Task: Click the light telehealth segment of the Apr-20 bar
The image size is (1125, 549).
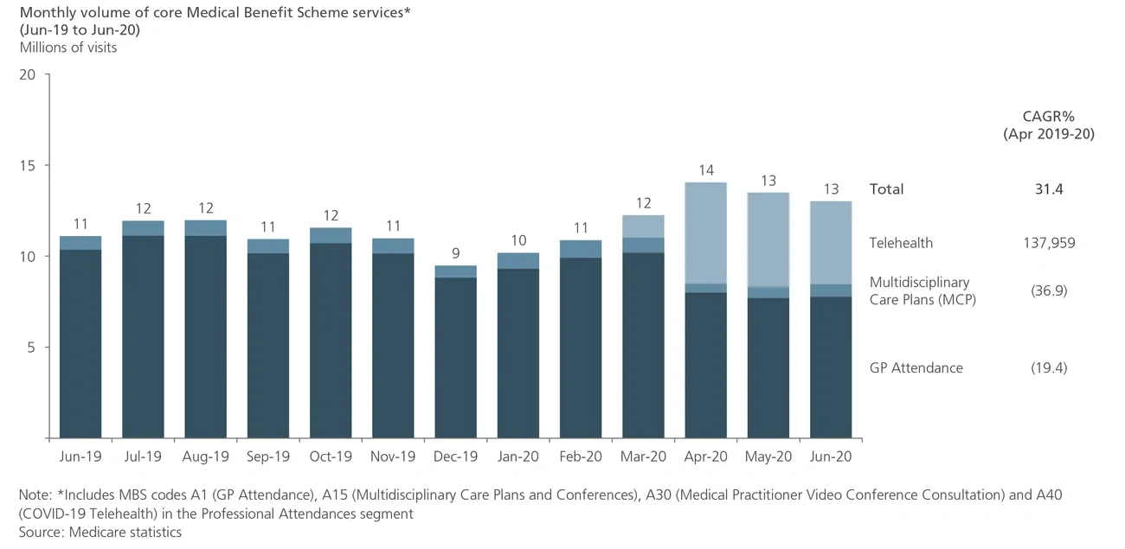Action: pos(705,233)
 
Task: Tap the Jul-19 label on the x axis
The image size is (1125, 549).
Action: pos(143,456)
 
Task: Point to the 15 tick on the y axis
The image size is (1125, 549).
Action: pos(28,165)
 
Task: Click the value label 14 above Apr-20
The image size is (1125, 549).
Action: pos(705,170)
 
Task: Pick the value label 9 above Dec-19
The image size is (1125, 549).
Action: pos(455,253)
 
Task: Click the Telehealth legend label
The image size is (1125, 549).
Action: pos(901,243)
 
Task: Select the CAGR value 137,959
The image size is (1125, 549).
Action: pos(1048,243)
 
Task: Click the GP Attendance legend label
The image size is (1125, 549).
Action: pos(916,367)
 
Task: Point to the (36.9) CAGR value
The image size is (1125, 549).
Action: pos(1048,290)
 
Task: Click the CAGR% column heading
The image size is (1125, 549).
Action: pos(1048,117)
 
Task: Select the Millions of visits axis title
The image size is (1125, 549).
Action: pos(68,48)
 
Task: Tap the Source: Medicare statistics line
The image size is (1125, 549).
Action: pos(100,532)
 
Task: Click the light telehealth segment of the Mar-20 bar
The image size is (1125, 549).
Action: pos(643,227)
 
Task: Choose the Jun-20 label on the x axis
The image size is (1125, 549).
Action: pos(831,456)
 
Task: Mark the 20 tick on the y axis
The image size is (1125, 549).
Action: pos(28,74)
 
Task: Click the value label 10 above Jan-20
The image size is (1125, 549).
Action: pos(517,240)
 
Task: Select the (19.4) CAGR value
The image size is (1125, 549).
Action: pos(1048,367)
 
